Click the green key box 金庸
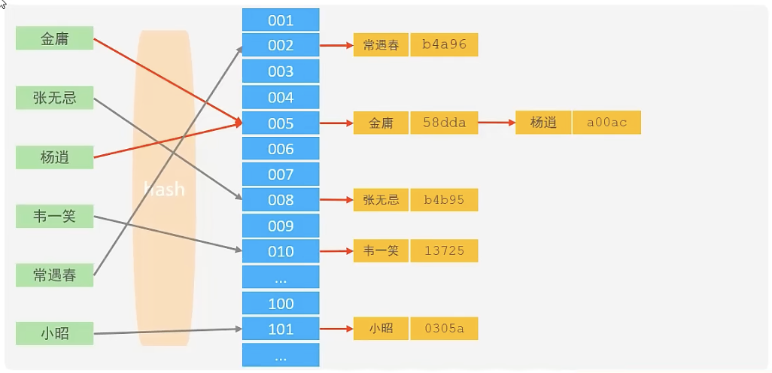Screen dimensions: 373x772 [54, 38]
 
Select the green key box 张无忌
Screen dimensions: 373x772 [54, 98]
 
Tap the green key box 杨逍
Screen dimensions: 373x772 [54, 157]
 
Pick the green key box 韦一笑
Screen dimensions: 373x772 [54, 217]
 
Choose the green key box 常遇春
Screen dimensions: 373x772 [54, 275]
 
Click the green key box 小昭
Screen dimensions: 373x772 [54, 333]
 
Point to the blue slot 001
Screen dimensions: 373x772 [281, 20]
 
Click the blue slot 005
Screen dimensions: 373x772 [281, 123]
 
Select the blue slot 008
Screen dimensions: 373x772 [281, 200]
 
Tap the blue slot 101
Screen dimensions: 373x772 [281, 329]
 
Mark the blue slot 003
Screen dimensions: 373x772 [281, 71]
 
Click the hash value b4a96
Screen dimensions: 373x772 [444, 45]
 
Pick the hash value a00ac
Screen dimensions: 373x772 [606, 123]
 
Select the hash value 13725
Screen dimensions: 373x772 [444, 251]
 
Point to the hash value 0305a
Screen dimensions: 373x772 [444, 329]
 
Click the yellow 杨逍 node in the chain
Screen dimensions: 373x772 [543, 123]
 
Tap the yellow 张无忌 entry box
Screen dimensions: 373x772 [381, 200]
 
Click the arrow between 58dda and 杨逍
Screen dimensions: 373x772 [497, 123]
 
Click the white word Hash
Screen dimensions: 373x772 [163, 189]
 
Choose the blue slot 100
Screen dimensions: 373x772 [281, 303]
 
